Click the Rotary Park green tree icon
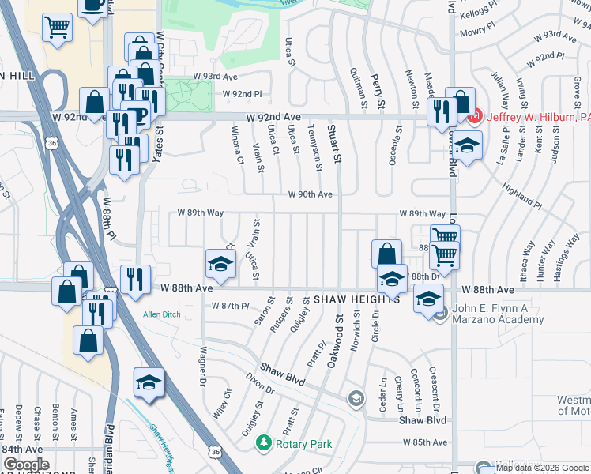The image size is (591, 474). (x=267, y=444)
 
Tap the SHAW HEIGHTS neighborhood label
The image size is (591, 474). (x=356, y=301)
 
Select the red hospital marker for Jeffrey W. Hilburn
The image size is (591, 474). (x=475, y=118)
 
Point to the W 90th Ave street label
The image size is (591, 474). (x=310, y=194)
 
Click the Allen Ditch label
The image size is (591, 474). (x=161, y=314)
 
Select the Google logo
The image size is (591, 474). (x=26, y=465)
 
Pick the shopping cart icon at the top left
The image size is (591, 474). (x=58, y=28)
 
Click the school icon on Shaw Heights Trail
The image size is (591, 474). (x=148, y=383)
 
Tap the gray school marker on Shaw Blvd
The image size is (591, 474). (x=357, y=398)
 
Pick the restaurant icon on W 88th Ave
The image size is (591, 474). (x=135, y=279)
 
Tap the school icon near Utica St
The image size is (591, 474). (x=220, y=264)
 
